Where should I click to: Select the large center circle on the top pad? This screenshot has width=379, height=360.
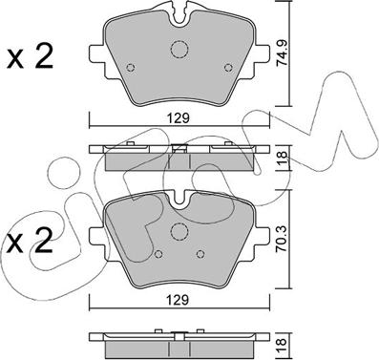click(x=179, y=53)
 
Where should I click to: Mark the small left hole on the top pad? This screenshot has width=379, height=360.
click(x=132, y=67)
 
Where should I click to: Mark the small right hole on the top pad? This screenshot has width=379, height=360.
click(x=227, y=67)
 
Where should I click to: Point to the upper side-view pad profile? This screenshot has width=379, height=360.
click(x=179, y=155)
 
